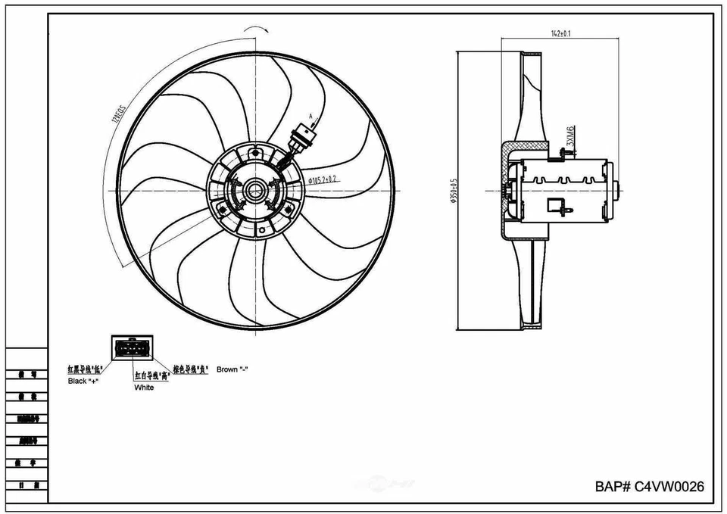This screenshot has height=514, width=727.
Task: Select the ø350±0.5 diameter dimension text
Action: tap(454, 192)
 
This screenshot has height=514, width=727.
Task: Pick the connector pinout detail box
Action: tap(132, 348)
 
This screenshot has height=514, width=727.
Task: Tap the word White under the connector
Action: tap(144, 388)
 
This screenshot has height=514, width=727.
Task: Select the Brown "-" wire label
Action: tap(232, 369)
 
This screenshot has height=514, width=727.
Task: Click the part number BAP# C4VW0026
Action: tap(649, 487)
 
